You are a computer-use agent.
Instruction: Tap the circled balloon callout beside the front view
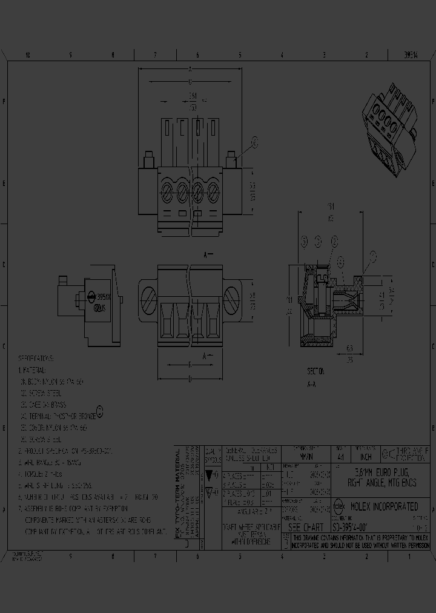pyautogui.click(x=254, y=142)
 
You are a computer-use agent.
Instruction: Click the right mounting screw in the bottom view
pyautogui.click(x=232, y=299)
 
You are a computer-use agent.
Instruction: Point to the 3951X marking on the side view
pyautogui.click(x=104, y=298)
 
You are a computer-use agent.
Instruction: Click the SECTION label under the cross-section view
pyautogui.click(x=315, y=371)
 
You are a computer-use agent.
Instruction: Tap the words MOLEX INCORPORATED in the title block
pyautogui.click(x=384, y=506)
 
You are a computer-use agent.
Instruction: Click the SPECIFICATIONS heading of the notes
pyautogui.click(x=36, y=358)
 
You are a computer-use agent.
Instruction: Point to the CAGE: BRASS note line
pyautogui.click(x=45, y=405)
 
